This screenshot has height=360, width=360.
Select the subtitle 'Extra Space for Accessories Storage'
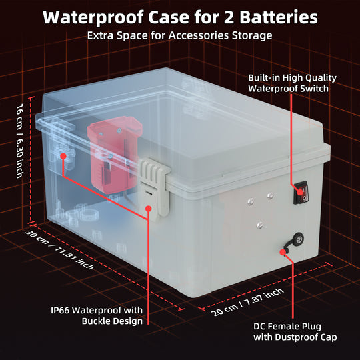point(180,35)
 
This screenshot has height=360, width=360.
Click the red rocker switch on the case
point(304,193)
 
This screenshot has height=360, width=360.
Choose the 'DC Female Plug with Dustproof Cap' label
point(295,332)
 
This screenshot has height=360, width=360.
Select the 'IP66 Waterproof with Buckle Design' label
point(97,315)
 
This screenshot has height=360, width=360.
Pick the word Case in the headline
point(164,17)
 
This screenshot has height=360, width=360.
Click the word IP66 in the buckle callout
point(63,310)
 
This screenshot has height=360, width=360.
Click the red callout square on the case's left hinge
point(64,157)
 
